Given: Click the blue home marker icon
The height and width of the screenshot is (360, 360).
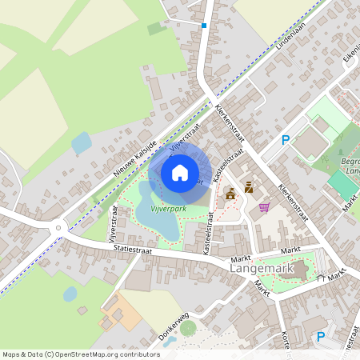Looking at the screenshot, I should [179, 172].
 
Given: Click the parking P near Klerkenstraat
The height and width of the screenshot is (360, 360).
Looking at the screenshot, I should [285, 140].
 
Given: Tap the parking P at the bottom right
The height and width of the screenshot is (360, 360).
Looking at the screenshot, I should [321, 337].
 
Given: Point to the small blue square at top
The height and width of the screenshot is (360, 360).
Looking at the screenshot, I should [204, 26].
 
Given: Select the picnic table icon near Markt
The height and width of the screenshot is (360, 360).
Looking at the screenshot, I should [321, 278].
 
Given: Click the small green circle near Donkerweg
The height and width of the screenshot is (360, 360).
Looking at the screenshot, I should [188, 328].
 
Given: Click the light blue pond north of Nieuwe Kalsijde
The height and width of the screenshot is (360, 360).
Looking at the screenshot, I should [82, 144].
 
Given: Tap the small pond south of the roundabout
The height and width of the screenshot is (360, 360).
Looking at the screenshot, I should [70, 294].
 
